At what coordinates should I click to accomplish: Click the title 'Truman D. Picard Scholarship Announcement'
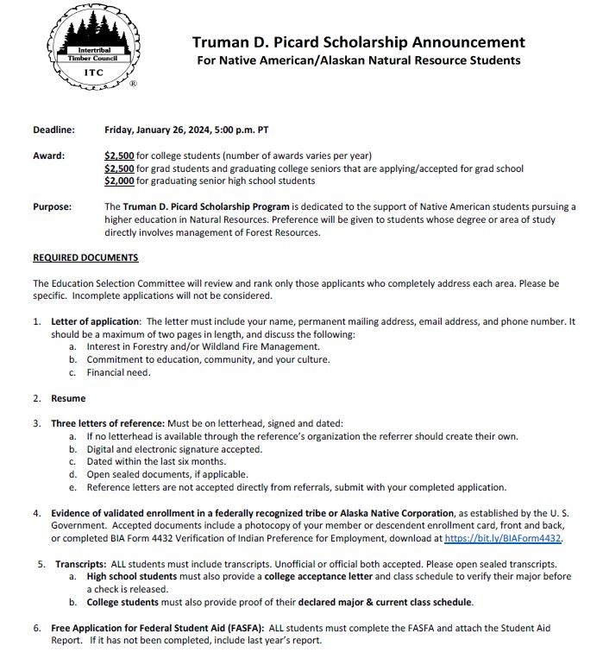point(358,42)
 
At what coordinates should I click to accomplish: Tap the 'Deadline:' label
point(53,130)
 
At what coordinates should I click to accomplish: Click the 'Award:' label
point(48,156)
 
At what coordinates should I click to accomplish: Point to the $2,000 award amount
point(118,181)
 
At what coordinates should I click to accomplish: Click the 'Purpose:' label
point(52,207)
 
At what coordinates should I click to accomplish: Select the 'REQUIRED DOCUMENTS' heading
point(85,258)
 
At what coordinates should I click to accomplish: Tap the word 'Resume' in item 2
point(68,398)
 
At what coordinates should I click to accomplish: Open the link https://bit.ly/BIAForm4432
point(503,538)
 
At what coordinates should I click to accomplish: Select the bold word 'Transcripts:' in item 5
point(81,563)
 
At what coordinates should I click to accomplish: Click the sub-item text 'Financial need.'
point(118,372)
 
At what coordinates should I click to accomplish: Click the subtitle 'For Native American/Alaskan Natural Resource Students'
point(358,61)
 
